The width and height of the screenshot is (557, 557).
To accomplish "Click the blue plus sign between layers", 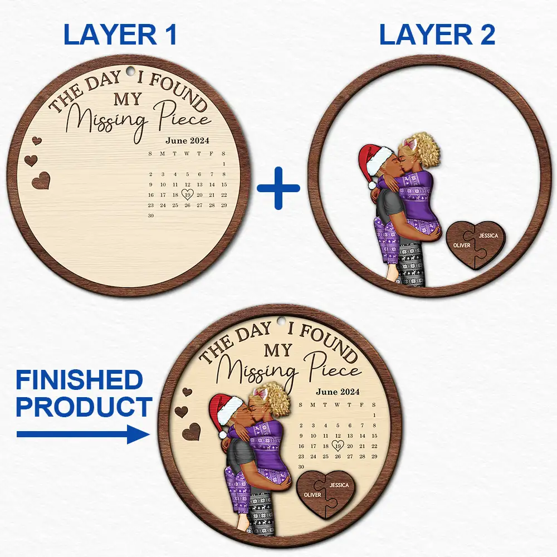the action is click(x=278, y=188).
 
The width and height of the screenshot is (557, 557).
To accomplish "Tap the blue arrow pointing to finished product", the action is click(x=83, y=434).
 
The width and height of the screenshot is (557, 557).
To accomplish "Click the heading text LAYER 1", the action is click(x=120, y=35).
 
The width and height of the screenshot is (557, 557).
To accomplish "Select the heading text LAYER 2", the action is click(x=437, y=35).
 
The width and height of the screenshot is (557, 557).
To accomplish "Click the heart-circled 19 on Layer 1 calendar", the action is click(x=187, y=194).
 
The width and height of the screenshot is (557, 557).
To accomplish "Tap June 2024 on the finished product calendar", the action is click(x=338, y=392).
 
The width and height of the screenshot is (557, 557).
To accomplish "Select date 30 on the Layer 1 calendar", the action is click(x=150, y=215).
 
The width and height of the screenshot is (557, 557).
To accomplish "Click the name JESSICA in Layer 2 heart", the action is click(x=488, y=236).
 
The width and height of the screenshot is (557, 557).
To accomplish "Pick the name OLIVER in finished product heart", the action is click(x=312, y=495).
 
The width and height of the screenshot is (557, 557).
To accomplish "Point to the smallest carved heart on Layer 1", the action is click(x=37, y=141).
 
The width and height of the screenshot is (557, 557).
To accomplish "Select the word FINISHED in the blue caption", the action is click(x=80, y=380).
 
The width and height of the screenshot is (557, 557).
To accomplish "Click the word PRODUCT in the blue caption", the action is click(x=84, y=407).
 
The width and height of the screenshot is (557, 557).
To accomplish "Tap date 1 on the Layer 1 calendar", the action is click(x=224, y=164).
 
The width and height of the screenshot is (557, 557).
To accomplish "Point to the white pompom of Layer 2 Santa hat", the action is click(x=372, y=185).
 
